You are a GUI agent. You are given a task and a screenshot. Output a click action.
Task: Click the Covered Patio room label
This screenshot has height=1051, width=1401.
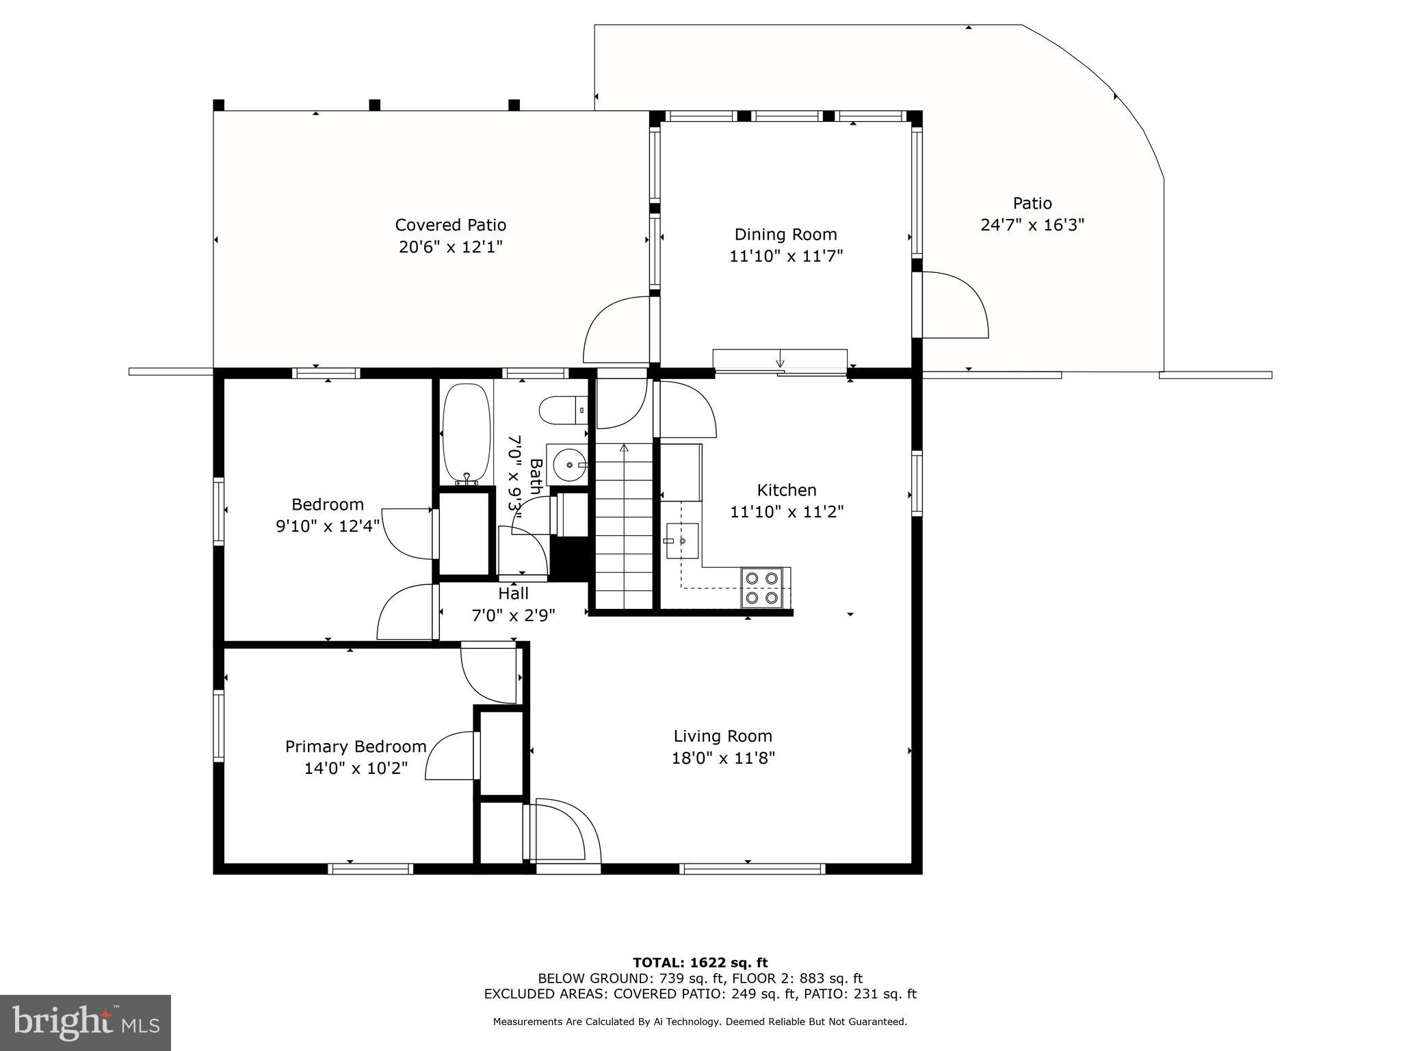[x=450, y=225]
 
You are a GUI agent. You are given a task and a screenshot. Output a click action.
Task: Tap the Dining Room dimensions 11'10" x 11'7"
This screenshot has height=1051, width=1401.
[x=786, y=256]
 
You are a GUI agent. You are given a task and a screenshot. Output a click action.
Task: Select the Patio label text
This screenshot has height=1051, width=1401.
[x=1032, y=203]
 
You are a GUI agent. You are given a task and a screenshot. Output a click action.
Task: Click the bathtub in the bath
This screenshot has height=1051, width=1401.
[x=467, y=434]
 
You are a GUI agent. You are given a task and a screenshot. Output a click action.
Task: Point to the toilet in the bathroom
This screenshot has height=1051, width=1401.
[x=562, y=411]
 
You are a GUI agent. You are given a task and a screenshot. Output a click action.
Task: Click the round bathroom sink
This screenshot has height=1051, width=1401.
[x=568, y=465]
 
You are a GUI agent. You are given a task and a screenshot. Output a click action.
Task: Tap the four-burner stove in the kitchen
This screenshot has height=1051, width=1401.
[x=762, y=588]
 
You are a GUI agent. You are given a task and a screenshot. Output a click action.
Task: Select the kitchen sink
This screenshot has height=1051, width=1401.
[x=681, y=541]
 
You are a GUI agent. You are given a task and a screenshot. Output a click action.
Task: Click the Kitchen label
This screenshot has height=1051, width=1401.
[x=786, y=490]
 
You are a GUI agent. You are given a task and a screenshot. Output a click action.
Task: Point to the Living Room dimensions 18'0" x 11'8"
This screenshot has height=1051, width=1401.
[x=722, y=758]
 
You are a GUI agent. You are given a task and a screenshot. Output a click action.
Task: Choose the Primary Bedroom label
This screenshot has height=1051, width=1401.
[x=355, y=747]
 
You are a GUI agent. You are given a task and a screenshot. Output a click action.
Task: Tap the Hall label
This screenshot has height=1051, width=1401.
[x=513, y=593]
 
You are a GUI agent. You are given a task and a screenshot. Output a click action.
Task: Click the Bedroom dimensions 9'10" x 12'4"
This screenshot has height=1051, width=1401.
[x=327, y=526]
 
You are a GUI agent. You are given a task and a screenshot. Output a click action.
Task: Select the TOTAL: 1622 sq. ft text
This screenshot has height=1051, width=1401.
[x=700, y=963]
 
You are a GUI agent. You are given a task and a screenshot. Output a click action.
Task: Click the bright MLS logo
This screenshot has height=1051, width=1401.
[x=85, y=1022]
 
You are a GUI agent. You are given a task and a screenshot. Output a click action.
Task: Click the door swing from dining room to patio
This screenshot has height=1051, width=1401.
[x=954, y=304]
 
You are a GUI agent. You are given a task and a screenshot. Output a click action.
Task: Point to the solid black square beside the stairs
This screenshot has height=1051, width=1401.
[x=569, y=558]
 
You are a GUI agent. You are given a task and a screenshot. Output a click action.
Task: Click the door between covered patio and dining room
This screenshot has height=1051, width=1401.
[x=616, y=329]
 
